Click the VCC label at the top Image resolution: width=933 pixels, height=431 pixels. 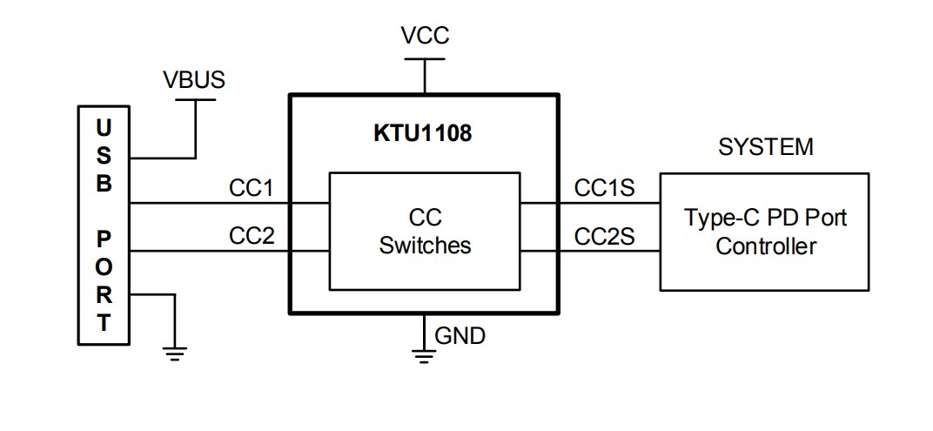(425, 36)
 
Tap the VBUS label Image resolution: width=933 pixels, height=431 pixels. (193, 80)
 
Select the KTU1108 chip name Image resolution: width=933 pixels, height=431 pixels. (422, 134)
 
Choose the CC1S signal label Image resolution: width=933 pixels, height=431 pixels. (604, 188)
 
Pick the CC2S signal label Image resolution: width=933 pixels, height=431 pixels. (604, 235)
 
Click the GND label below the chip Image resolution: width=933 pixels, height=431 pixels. (460, 335)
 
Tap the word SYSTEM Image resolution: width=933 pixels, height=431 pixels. (765, 147)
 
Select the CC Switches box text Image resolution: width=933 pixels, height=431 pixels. (425, 231)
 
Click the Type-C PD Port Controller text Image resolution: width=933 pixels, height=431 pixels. (765, 231)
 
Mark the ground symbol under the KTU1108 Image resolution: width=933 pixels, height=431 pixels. (424, 354)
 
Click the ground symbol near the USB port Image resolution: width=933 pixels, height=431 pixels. (175, 354)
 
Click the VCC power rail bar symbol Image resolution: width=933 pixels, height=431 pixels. (424, 59)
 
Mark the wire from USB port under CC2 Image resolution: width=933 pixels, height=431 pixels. (209, 252)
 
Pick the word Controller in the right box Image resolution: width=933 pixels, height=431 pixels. (765, 246)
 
